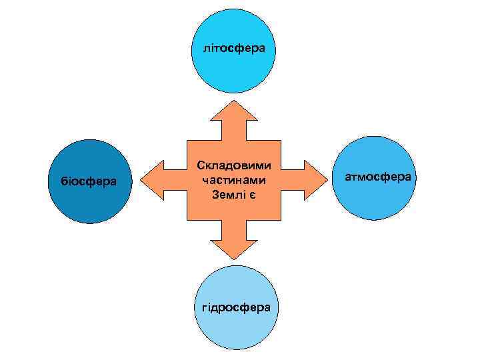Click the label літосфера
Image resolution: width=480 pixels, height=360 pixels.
click(x=234, y=48)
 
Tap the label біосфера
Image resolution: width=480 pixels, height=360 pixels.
click(x=89, y=181)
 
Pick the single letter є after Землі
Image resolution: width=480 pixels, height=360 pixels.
click(x=253, y=195)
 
